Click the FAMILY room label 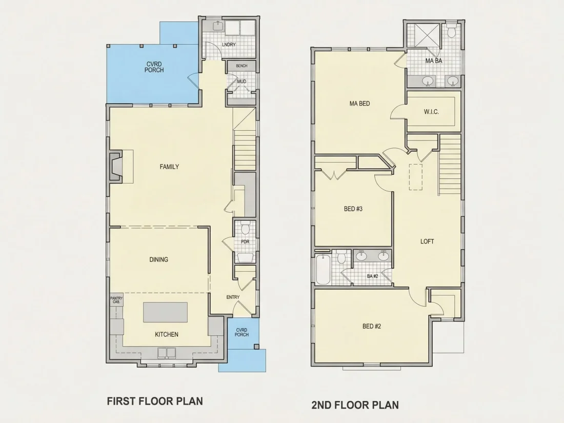tap(169, 167)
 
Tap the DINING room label tap(158, 259)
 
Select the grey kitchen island tap(166, 312)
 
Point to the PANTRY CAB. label tap(116, 300)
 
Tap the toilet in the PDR tap(245, 228)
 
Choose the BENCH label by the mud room tap(241, 66)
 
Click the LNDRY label tap(229, 45)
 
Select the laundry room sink tap(218, 26)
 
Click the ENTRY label tap(233, 297)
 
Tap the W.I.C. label tap(431, 111)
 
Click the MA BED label tap(360, 104)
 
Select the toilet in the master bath tap(451, 31)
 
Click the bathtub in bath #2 tap(323, 269)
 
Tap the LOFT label tap(427, 241)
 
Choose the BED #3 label tap(353, 209)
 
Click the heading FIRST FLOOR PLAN tap(155, 401)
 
